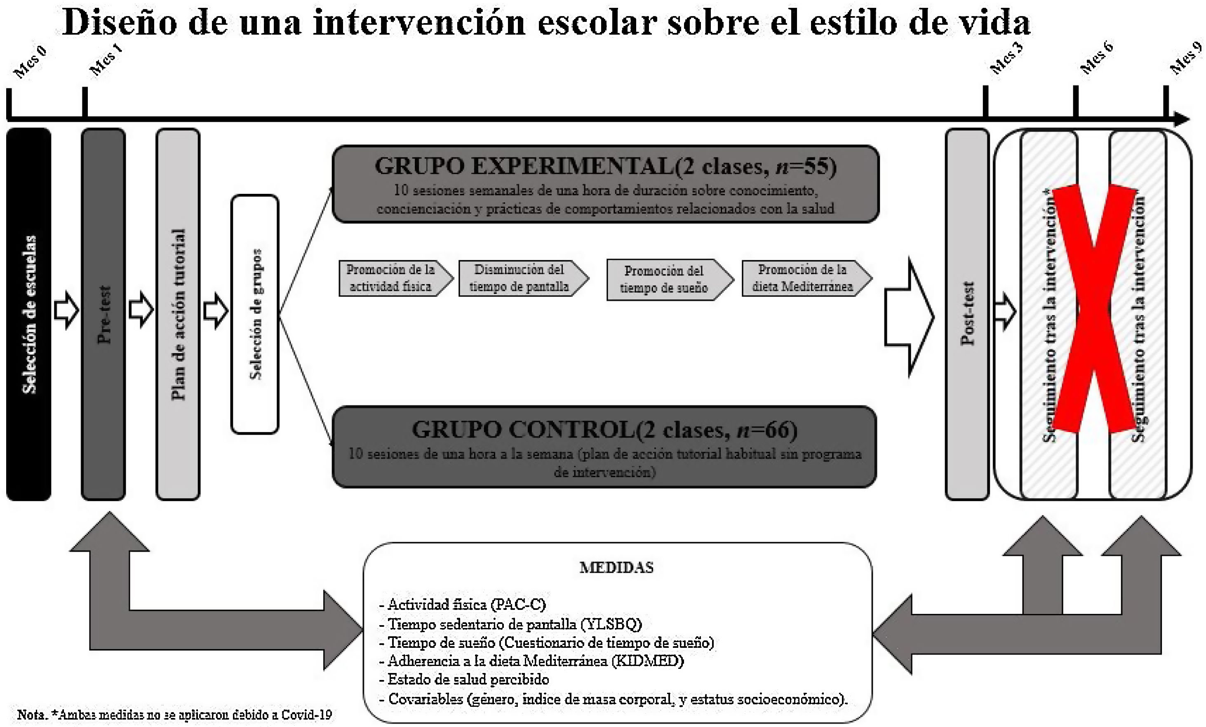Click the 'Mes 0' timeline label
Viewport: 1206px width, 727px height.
(x=31, y=62)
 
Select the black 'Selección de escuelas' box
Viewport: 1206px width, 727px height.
(x=29, y=314)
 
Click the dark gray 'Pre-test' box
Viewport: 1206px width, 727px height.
(x=103, y=314)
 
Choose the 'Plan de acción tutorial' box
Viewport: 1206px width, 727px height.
(x=178, y=314)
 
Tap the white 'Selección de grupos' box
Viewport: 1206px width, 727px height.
(x=255, y=314)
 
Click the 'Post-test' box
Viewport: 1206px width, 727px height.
(x=967, y=314)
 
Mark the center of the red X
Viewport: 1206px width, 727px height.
(x=1094, y=309)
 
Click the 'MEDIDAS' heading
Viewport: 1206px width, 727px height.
(x=616, y=567)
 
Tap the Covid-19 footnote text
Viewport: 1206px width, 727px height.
(x=175, y=715)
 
